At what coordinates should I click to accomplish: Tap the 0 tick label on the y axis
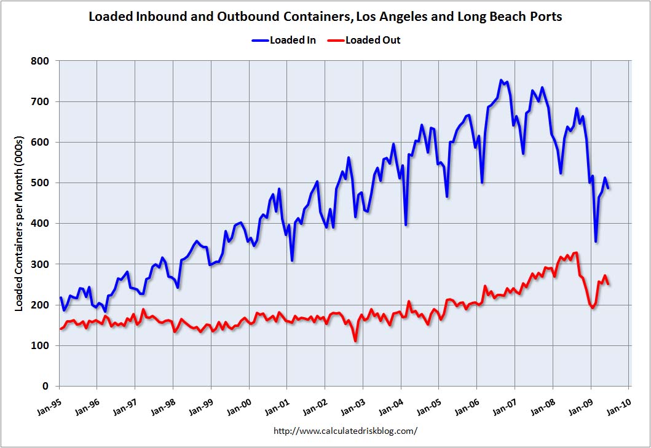(x=47, y=387)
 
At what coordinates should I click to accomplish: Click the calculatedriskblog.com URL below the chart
(x=345, y=431)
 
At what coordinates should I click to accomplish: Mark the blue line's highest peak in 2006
(x=500, y=81)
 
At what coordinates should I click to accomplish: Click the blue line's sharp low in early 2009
(x=595, y=242)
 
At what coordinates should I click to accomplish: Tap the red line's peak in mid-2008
(x=575, y=253)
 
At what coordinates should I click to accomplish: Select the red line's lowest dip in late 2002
(x=355, y=340)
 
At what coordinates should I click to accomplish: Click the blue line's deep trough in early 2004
(x=406, y=224)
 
